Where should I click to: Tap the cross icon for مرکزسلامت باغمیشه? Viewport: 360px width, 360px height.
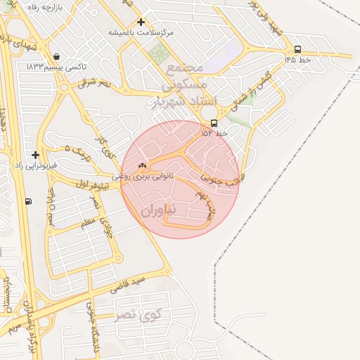pyautogui.click(x=141, y=22)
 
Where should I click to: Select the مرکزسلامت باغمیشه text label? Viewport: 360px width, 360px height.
pyautogui.click(x=141, y=32)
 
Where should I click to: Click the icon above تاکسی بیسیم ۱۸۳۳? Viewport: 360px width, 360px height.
pyautogui.click(x=56, y=57)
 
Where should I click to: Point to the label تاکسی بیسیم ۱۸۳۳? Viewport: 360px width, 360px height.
pyautogui.click(x=56, y=67)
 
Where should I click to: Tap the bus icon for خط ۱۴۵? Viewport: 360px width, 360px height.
pyautogui.click(x=297, y=49)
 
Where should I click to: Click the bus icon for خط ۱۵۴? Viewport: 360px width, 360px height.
pyautogui.click(x=214, y=123)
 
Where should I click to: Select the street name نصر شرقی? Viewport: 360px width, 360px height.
pyautogui.click(x=94, y=83)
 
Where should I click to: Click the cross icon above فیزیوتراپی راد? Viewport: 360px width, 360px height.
pyautogui.click(x=35, y=154)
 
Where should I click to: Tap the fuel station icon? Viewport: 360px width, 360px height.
pyautogui.click(x=28, y=202)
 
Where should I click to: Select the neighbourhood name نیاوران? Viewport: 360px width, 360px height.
pyautogui.click(x=161, y=210)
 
